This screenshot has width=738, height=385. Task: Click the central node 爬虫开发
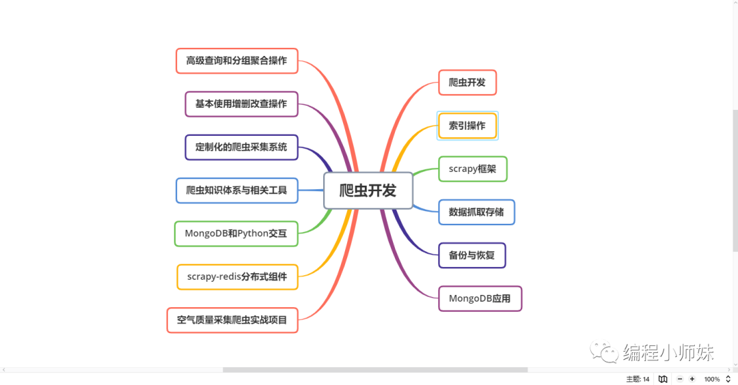[x=368, y=190]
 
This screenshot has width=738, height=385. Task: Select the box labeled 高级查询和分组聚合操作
[x=236, y=61]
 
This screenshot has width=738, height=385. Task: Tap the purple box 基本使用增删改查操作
[x=241, y=104]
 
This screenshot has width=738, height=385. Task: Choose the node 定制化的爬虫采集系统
[x=241, y=147]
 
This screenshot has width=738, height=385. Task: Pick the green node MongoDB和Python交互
[x=236, y=233]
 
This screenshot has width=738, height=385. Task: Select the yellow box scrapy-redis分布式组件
[x=237, y=276]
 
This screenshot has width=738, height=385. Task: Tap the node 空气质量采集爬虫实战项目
[x=232, y=319]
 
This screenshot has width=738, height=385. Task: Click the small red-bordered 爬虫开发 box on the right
[x=467, y=83]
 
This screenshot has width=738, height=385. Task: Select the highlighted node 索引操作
[x=467, y=126]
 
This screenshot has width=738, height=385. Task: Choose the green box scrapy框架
[x=472, y=169]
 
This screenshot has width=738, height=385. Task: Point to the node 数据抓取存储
[x=476, y=212]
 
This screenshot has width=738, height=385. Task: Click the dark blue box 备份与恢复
[x=472, y=255]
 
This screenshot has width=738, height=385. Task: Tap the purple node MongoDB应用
[x=480, y=298]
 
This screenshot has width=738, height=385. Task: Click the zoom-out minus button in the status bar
[x=680, y=379]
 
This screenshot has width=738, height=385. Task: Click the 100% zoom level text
[x=712, y=379]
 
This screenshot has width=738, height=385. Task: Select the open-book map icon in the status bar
[x=663, y=379]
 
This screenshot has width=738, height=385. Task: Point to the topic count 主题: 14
[x=638, y=379]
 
